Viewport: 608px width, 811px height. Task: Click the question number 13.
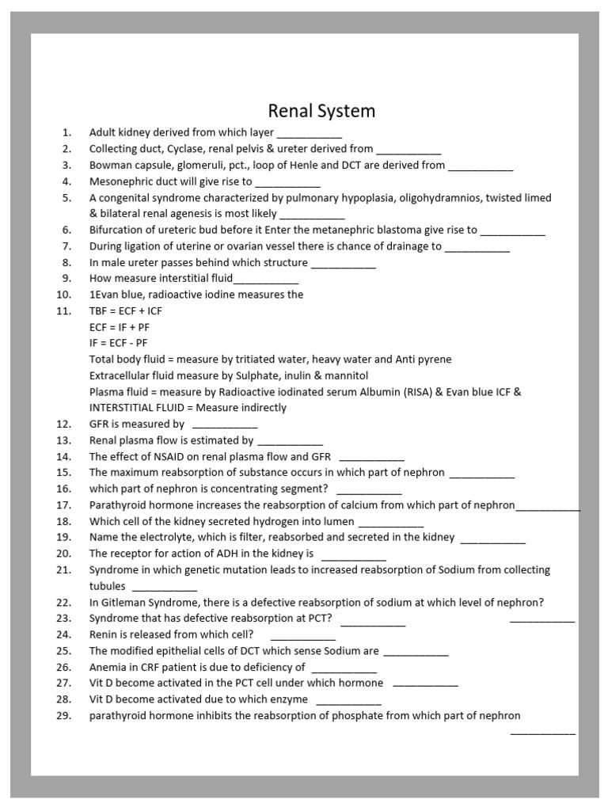click(64, 440)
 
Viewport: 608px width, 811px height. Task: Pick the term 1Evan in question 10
click(104, 295)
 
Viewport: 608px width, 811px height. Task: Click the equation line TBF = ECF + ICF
click(125, 310)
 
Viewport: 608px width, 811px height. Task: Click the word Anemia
click(108, 667)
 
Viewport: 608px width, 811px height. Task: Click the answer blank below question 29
click(543, 733)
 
